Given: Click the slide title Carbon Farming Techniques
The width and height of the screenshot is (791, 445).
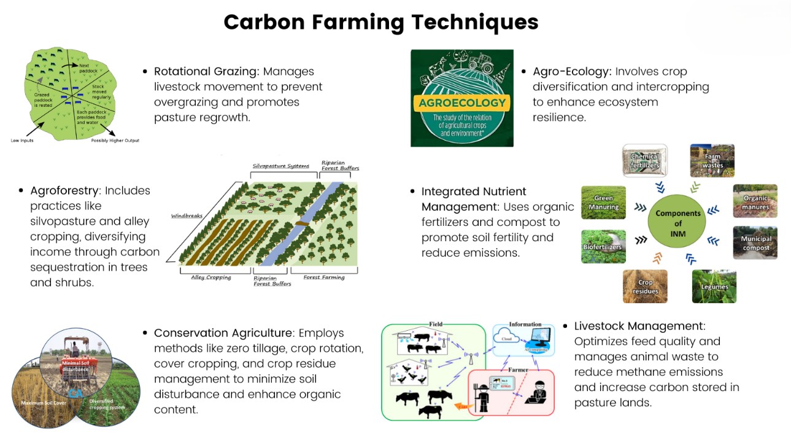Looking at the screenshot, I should pyautogui.click(x=380, y=22).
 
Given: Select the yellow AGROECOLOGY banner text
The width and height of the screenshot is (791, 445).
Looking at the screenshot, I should pyautogui.click(x=461, y=103).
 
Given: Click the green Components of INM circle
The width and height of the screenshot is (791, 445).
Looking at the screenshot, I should pyautogui.click(x=677, y=219).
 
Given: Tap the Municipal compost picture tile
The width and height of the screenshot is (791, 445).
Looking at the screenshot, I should pyautogui.click(x=755, y=242).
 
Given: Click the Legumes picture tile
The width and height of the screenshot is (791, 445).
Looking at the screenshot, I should pyautogui.click(x=714, y=286).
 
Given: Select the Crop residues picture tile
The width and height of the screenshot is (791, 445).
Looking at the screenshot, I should pyautogui.click(x=645, y=287).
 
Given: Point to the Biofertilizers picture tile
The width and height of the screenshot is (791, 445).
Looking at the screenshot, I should pyautogui.click(x=603, y=247).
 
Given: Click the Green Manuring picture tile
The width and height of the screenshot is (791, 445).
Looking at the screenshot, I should pyautogui.click(x=603, y=203).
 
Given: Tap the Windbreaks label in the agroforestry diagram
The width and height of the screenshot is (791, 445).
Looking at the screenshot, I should pyautogui.click(x=187, y=216).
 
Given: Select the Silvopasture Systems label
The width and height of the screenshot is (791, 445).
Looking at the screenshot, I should pyautogui.click(x=281, y=166).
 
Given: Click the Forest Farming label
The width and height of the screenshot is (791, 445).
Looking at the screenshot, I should pyautogui.click(x=324, y=277).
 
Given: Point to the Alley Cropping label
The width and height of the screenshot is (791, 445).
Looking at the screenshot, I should pyautogui.click(x=210, y=277).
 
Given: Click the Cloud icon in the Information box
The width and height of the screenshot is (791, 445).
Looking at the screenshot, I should pyautogui.click(x=507, y=338).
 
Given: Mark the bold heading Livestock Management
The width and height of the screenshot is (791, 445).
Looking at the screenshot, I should pyautogui.click(x=639, y=326).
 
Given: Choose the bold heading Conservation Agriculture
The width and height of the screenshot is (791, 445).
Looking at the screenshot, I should pyautogui.click(x=223, y=333).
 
